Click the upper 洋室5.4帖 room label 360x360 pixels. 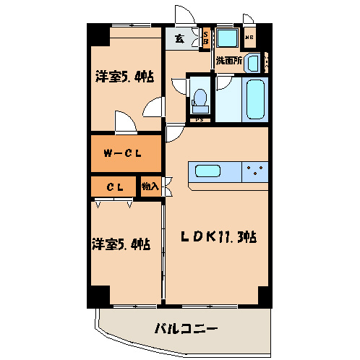click(124, 77)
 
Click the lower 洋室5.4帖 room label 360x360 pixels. click(121, 244)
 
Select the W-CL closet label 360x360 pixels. click(121, 153)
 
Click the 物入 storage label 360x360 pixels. click(150, 187)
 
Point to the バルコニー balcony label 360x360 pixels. click(186, 330)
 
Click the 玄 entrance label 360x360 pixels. click(179, 38)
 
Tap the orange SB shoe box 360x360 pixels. click(205, 38)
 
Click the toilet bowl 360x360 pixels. click(200, 97)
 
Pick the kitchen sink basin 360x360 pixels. click(208, 171)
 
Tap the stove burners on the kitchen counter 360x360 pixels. click(254, 171)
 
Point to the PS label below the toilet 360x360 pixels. click(200, 118)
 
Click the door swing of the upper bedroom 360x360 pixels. click(124, 121)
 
